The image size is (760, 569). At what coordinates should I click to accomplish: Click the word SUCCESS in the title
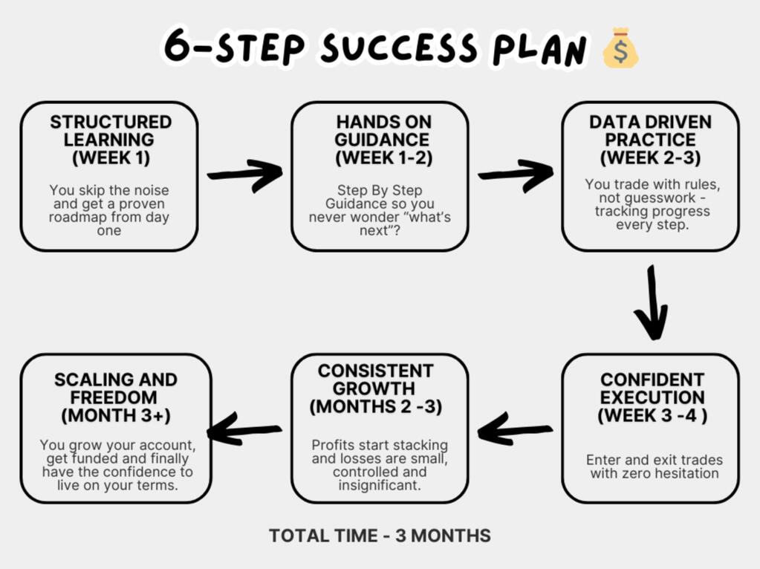coord(399,48)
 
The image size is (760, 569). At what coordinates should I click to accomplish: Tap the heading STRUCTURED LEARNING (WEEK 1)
coord(111,140)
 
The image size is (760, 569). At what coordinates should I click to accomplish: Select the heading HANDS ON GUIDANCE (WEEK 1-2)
coord(383,140)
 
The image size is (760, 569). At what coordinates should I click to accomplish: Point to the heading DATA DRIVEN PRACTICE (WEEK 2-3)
coord(651,140)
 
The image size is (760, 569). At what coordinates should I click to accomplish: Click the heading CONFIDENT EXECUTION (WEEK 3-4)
coord(652,397)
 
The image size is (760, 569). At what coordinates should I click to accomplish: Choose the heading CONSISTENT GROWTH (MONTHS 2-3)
coord(376,388)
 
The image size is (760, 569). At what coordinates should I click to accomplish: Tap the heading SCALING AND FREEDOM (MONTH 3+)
coord(115,397)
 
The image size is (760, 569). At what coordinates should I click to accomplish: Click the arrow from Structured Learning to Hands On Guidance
coord(244,174)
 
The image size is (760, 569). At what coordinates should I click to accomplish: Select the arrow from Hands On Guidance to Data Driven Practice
coord(516,174)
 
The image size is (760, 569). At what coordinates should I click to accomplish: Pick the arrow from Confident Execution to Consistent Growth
coord(515,429)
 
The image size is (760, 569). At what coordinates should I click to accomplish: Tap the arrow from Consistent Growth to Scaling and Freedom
coord(244,429)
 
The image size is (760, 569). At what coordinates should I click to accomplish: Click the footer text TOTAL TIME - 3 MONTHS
coord(380,536)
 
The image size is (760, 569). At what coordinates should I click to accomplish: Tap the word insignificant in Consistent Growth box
coord(380,486)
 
